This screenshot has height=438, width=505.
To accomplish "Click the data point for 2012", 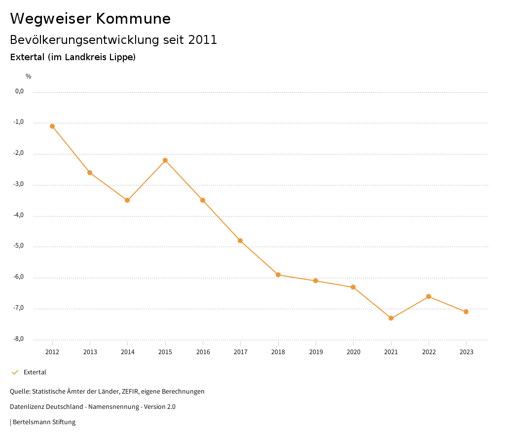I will (52, 126).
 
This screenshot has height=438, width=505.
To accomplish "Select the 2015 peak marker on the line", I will (165, 160).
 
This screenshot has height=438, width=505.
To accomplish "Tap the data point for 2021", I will (391, 318).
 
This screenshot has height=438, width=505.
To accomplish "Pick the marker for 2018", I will (278, 275).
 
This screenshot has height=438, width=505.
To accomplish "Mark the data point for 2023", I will (466, 312).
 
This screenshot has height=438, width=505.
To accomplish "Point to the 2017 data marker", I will (240, 241).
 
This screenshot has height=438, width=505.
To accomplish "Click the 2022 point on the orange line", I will (429, 296).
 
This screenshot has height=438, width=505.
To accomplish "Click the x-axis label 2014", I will (128, 352).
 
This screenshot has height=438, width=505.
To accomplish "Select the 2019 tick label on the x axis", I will (316, 352).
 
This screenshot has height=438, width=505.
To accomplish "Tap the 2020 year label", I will (353, 352).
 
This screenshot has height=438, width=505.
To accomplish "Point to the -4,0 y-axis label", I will (19, 216).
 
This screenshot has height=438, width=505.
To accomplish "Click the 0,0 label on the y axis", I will (19, 91).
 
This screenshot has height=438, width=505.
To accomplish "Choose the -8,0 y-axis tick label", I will (19, 339).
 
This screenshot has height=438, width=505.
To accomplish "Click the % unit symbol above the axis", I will (29, 76).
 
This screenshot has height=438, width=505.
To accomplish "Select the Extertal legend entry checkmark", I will (15, 372).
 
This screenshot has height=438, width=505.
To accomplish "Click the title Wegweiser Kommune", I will (90, 19).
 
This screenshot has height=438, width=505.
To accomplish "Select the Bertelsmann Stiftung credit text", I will (44, 422).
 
